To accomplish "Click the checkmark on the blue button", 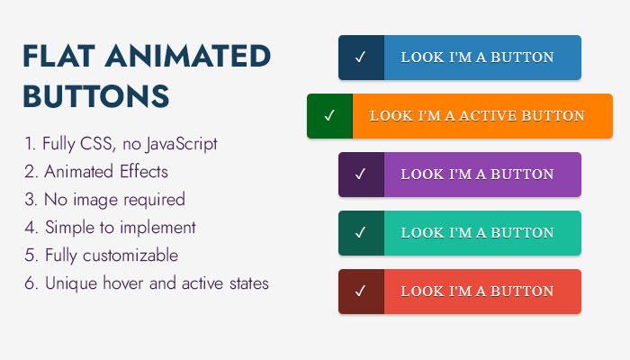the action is (x=360, y=57).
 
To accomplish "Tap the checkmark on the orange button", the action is (x=329, y=116).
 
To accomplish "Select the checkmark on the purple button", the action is (x=360, y=174).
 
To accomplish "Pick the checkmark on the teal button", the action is (x=360, y=232).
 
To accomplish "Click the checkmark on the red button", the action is (x=360, y=291).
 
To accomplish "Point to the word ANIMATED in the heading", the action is (x=188, y=56).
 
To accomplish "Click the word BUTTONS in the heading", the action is (x=96, y=96).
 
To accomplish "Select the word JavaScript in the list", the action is (x=181, y=144).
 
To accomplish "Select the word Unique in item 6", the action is (x=71, y=283).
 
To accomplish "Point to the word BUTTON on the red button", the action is (x=522, y=291).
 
